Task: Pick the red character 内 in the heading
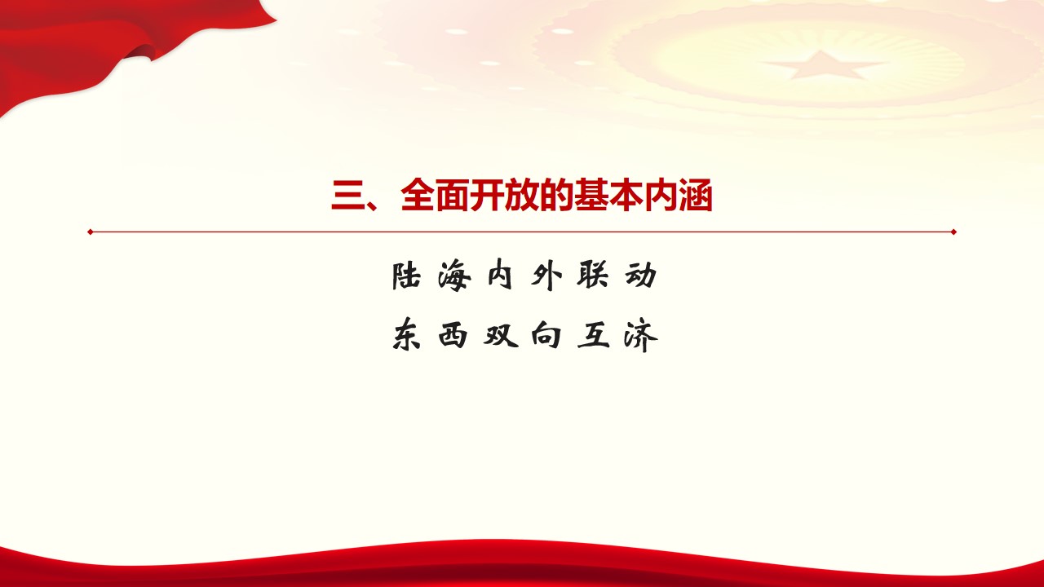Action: click(661, 195)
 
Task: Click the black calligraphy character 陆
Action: click(406, 276)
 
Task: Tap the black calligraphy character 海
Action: click(454, 276)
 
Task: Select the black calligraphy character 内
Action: click(500, 276)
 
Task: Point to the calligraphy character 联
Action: click(593, 276)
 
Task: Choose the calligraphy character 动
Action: click(641, 276)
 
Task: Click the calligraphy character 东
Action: click(406, 334)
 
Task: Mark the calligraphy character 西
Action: click(453, 335)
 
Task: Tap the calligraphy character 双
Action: click(501, 335)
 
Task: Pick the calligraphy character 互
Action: click(594, 335)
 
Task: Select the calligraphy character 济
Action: click(641, 335)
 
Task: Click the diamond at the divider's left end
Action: click(91, 232)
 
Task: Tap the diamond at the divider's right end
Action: click(953, 232)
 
